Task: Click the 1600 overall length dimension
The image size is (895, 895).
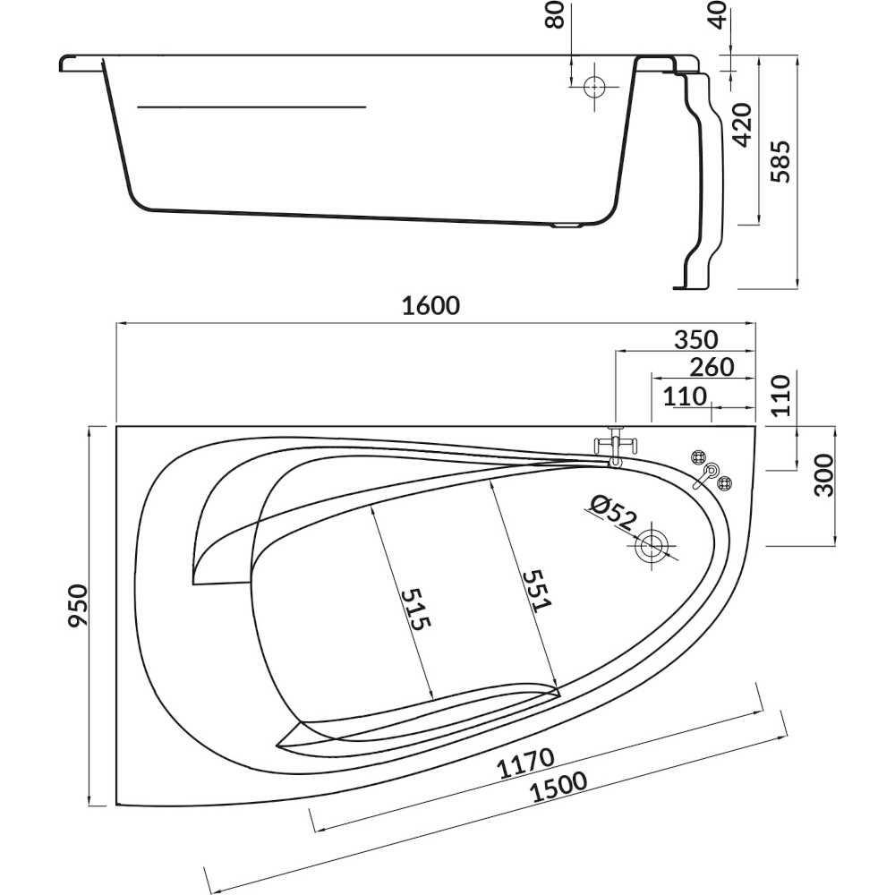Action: tap(430, 306)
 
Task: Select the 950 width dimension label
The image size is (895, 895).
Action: tap(79, 605)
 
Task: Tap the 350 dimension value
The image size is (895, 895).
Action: tap(695, 339)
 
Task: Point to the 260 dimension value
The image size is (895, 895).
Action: tap(712, 367)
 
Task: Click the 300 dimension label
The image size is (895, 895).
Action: tap(823, 475)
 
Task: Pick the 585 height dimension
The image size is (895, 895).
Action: tap(780, 161)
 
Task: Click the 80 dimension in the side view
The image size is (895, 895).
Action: tap(556, 15)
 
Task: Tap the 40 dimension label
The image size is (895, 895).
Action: tap(719, 15)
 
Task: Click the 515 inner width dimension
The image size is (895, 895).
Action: tap(415, 609)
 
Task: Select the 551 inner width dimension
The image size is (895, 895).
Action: tap(538, 590)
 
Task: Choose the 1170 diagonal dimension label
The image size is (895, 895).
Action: tap(525, 763)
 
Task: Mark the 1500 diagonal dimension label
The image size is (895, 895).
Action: tap(558, 788)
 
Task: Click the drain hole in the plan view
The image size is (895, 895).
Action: tap(651, 546)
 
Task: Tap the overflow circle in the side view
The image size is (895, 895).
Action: tap(594, 88)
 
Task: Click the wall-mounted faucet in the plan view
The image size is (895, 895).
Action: tap(615, 446)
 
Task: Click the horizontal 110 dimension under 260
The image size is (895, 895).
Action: tap(685, 396)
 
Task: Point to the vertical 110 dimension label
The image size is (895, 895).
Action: tap(780, 396)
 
